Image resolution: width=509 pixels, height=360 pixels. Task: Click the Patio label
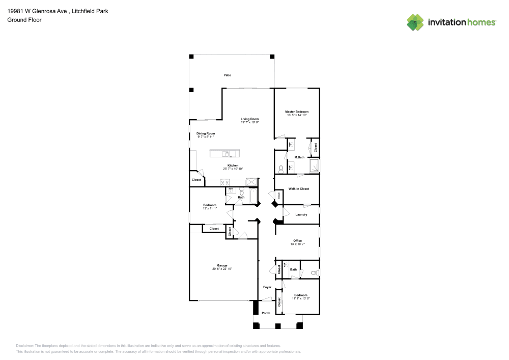[x=228, y=75]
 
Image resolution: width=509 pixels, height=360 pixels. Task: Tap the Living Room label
[x=250, y=119]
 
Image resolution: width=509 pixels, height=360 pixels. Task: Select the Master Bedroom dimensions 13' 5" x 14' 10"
[x=297, y=115]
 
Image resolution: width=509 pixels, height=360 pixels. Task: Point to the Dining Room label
[x=206, y=133]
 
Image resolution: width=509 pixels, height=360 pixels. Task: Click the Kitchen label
[x=233, y=165]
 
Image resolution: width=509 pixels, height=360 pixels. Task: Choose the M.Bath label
[x=300, y=158]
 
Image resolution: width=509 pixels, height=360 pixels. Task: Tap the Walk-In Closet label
[x=299, y=189]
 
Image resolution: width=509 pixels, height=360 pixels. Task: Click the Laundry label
[x=301, y=214]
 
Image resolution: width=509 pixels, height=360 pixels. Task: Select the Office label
[x=298, y=240]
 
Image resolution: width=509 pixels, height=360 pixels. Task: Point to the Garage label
[x=222, y=265]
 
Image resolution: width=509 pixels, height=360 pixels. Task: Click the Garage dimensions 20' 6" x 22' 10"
[x=222, y=269]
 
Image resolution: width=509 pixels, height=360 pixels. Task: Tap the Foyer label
[x=267, y=287]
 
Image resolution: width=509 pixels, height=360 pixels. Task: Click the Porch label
[x=266, y=313]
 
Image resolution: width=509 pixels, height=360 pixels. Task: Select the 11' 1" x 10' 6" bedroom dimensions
[x=300, y=298]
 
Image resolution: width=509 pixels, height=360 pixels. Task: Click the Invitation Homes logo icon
[x=415, y=22]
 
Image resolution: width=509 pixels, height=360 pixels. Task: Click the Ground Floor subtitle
[x=24, y=20]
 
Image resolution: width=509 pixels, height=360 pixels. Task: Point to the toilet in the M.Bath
[x=281, y=168]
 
